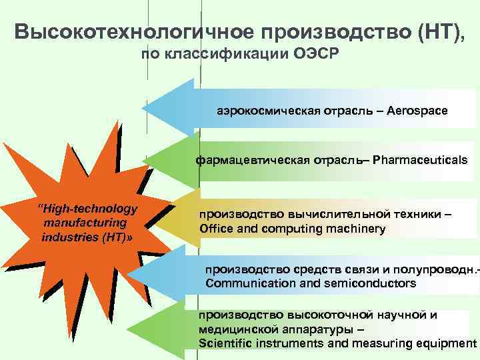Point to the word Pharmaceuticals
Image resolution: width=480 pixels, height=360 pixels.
(x=420, y=160)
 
